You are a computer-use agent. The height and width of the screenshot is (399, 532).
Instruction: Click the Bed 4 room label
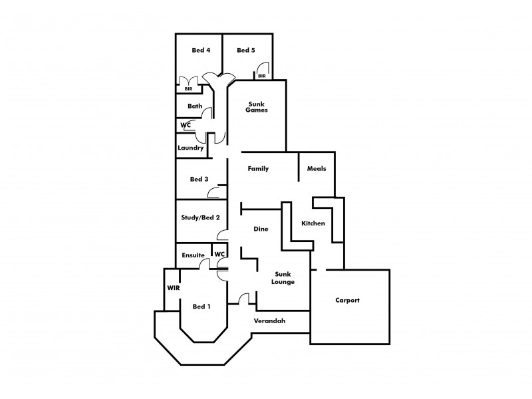coord(200,50)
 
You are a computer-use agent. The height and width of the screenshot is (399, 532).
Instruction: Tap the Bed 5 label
coord(245,50)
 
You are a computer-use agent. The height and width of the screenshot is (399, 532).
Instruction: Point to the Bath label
coord(195,106)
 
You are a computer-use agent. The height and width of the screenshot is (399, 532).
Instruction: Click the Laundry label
coord(190,148)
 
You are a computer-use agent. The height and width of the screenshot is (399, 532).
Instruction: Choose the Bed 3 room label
coord(199,179)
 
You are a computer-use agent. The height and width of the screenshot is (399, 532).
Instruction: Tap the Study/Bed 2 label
coord(200,217)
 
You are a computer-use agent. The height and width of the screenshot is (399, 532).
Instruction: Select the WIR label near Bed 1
coord(174,288)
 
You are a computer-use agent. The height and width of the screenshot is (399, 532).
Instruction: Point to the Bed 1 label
coord(201,307)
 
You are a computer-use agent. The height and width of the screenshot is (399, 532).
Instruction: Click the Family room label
coord(258,169)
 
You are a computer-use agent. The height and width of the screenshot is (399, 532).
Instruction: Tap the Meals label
coord(317,169)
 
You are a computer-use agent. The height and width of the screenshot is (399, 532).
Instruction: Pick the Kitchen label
coord(313,223)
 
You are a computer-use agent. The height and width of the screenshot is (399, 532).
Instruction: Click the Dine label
coord(261,229)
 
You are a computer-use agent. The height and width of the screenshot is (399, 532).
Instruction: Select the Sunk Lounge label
coord(283,278)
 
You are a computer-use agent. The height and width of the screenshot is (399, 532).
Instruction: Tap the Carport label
coord(346,301)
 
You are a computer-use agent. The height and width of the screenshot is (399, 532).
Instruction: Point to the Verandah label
coord(270,321)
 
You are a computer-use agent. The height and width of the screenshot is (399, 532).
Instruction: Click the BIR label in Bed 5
coord(262,76)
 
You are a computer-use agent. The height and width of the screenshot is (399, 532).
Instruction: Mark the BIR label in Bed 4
coord(188,88)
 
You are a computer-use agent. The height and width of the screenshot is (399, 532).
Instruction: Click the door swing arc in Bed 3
coord(214,194)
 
